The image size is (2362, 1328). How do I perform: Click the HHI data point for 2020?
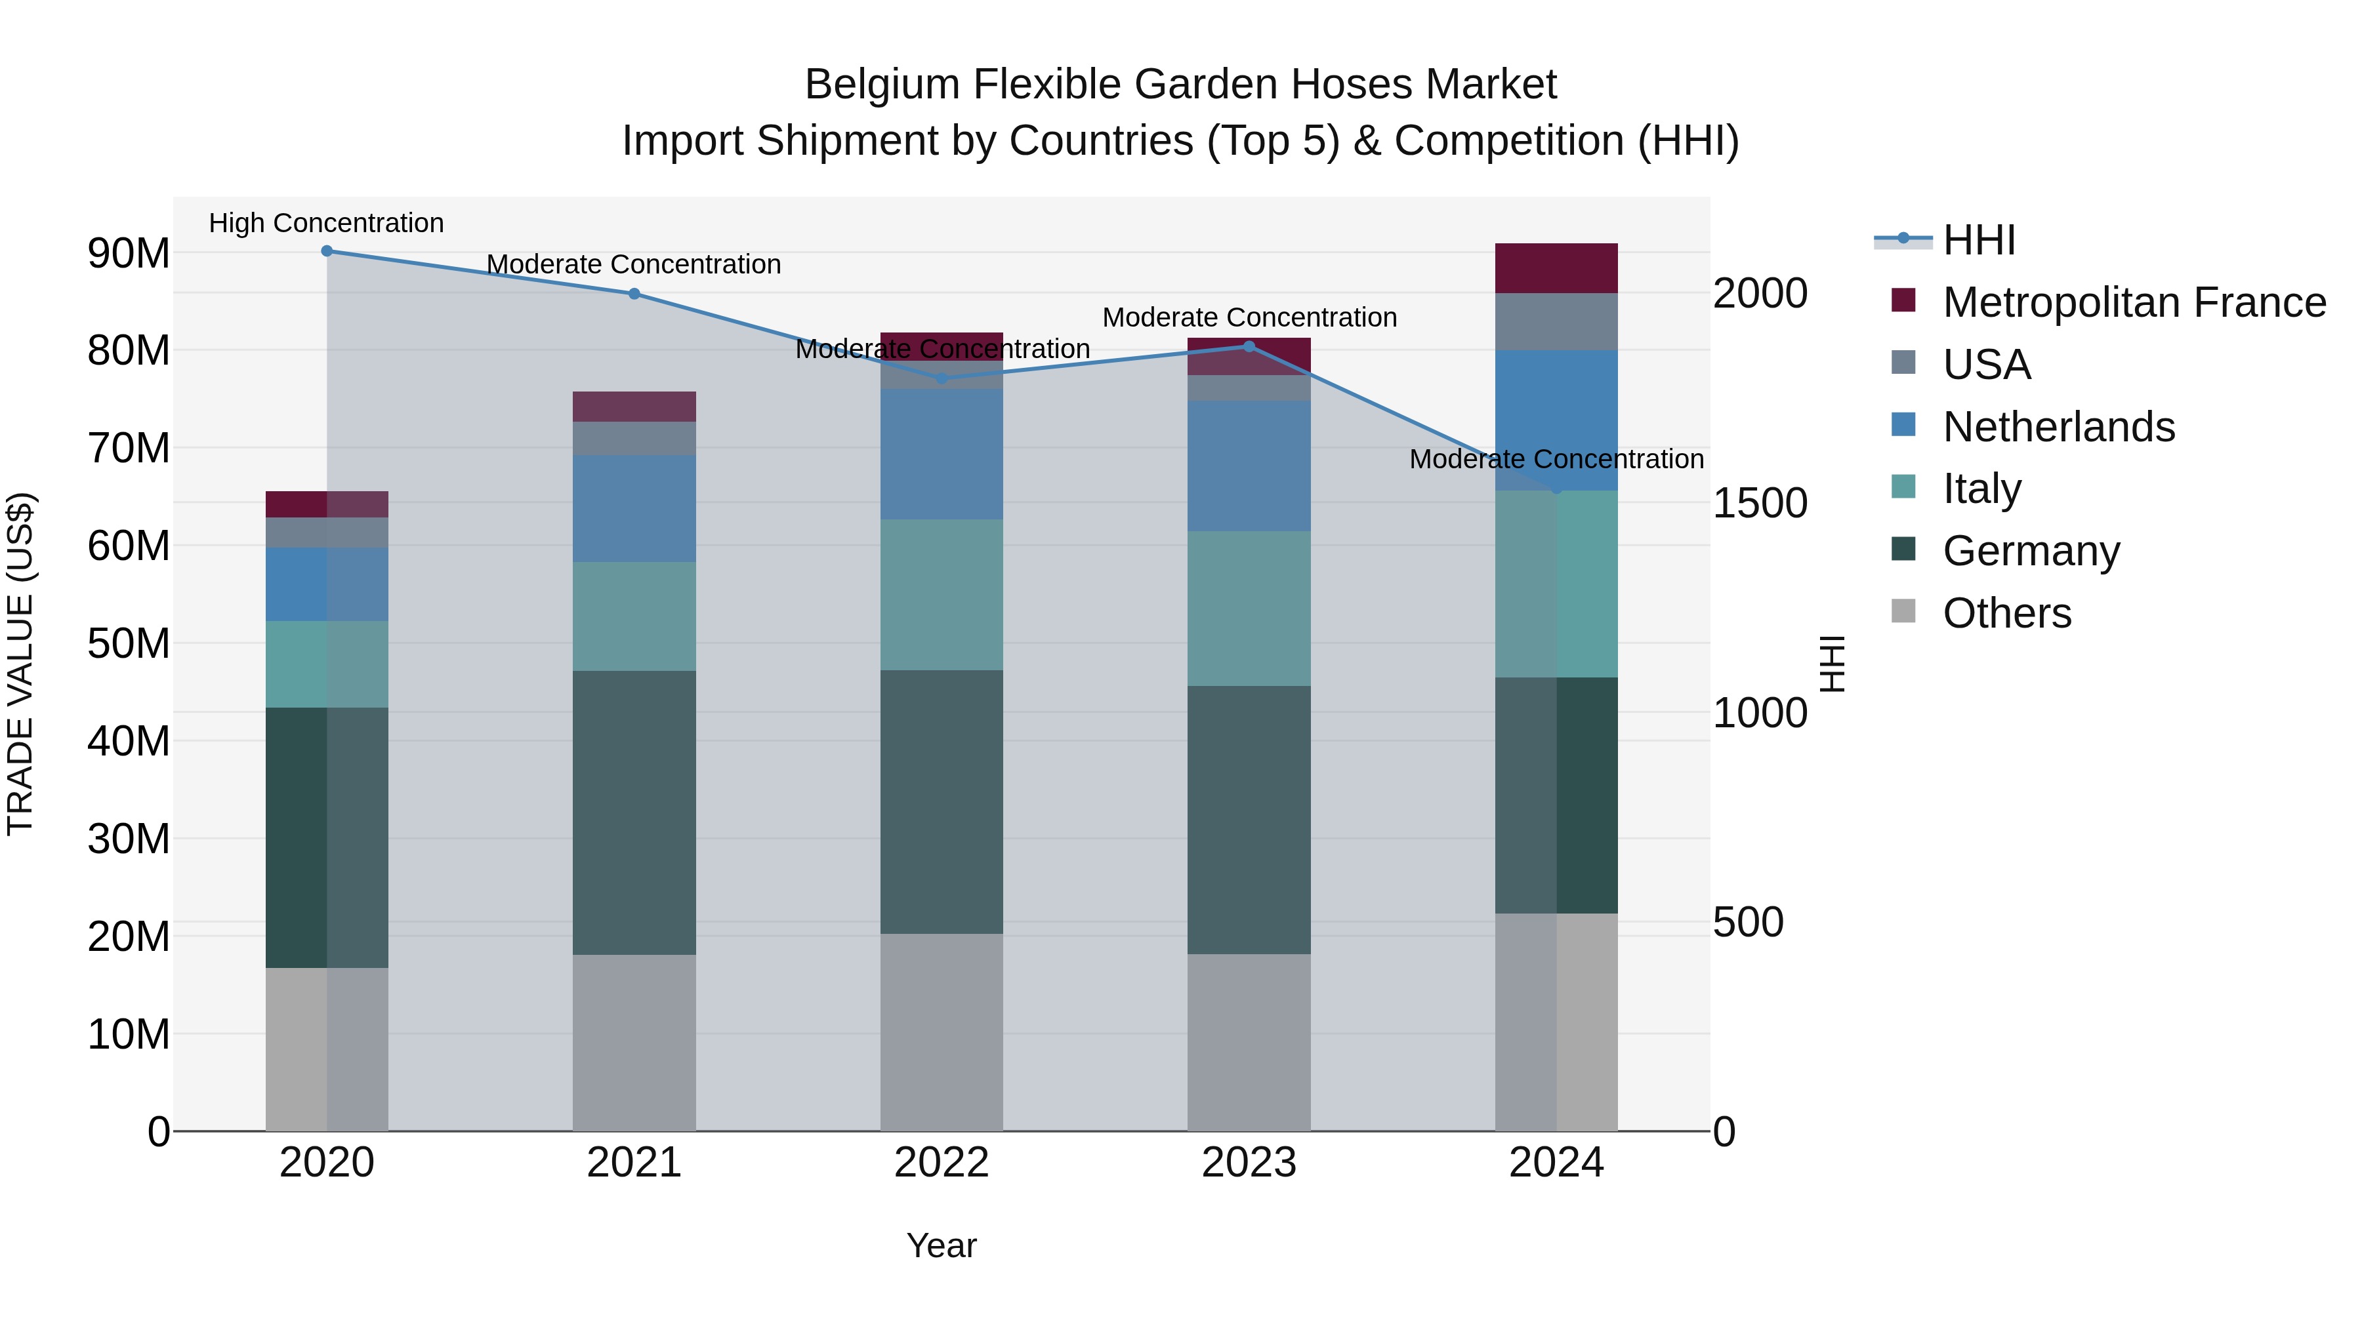pyautogui.click(x=327, y=251)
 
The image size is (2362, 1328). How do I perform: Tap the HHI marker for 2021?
pyautogui.click(x=634, y=294)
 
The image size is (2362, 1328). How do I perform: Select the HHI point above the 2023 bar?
pyautogui.click(x=1248, y=346)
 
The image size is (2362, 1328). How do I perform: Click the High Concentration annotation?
pyautogui.click(x=327, y=224)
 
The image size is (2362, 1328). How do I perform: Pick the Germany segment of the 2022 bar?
pyautogui.click(x=941, y=802)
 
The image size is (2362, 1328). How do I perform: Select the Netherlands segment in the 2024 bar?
pyautogui.click(x=1556, y=420)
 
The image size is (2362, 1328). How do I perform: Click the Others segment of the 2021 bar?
pyautogui.click(x=634, y=1043)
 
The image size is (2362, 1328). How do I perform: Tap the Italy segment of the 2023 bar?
pyautogui.click(x=1248, y=609)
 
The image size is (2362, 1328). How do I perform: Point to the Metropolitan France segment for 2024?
pyautogui.click(x=1556, y=268)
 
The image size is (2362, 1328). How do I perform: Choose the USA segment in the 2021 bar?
pyautogui.click(x=634, y=438)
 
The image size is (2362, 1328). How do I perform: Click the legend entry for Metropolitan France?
pyautogui.click(x=2134, y=302)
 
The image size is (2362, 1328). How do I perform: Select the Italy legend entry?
pyautogui.click(x=1981, y=489)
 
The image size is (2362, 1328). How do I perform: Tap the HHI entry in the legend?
pyautogui.click(x=1979, y=240)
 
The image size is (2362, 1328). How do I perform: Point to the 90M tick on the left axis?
pyautogui.click(x=129, y=253)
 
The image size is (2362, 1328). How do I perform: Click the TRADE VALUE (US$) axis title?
pyautogui.click(x=21, y=664)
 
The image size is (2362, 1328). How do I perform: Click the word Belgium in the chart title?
pyautogui.click(x=882, y=85)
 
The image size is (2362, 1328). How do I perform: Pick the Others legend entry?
pyautogui.click(x=2006, y=613)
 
